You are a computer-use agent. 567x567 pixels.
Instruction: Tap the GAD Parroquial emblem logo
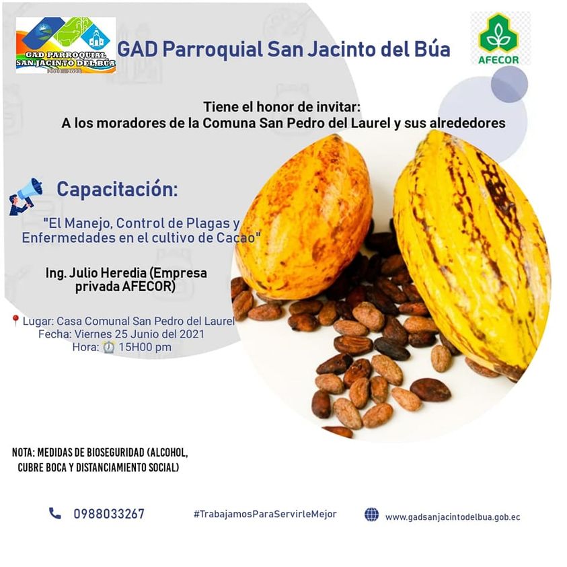coord(66,45)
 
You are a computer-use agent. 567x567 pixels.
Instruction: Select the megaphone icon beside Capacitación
coord(26,196)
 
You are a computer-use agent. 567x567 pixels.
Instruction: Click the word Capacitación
coord(117,189)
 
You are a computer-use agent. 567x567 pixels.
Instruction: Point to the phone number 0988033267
coord(109,514)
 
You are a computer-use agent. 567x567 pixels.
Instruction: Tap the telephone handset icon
coord(55,513)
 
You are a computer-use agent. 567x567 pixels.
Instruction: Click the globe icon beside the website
coord(371,515)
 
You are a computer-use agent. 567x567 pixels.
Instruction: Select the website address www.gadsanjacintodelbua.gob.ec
coord(453,517)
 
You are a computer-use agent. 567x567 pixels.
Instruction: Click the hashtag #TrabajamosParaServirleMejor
coord(265,514)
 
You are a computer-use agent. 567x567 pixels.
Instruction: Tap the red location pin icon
coord(15,320)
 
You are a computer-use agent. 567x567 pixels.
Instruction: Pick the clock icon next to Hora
coord(109,347)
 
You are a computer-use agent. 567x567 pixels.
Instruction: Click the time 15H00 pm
coord(145,347)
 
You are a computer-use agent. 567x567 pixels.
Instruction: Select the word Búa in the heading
coord(432,49)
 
